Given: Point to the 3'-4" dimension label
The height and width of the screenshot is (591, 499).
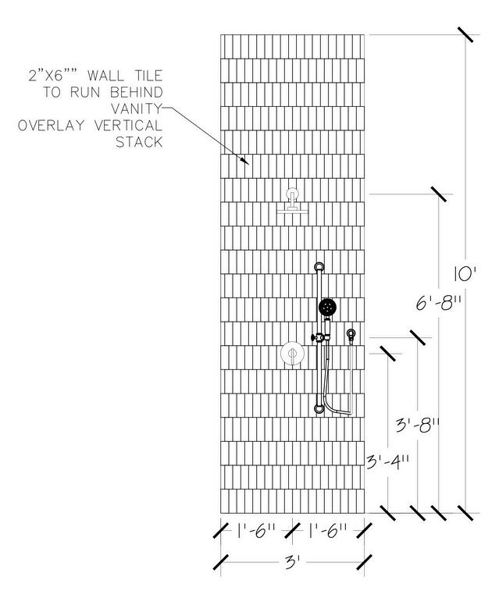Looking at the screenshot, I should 388,461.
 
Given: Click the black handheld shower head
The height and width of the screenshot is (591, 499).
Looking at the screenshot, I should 328,307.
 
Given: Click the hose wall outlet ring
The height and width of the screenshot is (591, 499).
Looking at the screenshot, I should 351,335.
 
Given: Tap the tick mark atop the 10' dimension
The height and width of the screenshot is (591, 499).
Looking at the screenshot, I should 466,35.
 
